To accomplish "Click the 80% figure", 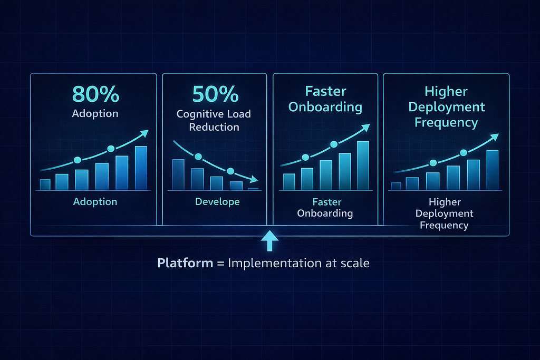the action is (96, 94).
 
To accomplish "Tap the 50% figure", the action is (215, 94).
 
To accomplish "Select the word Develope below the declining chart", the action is (217, 202).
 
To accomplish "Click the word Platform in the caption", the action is (185, 263).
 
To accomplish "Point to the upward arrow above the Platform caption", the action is (269, 240).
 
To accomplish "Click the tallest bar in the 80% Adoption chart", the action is (141, 168).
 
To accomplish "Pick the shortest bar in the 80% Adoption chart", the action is (45, 185).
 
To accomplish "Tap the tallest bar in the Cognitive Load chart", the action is (178, 174).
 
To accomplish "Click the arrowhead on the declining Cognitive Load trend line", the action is (254, 179).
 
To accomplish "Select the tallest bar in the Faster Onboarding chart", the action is (363, 165).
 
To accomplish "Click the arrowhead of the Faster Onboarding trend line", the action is (366, 128).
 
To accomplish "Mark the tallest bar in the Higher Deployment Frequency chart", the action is (493, 170).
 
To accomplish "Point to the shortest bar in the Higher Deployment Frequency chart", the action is (396, 186).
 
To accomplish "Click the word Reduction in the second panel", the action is (214, 127).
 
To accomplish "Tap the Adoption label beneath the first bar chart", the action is (95, 202).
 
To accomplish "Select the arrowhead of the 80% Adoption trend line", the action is (144, 133).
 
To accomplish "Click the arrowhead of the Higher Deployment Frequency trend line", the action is (495, 137).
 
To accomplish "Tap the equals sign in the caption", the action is (220, 264).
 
